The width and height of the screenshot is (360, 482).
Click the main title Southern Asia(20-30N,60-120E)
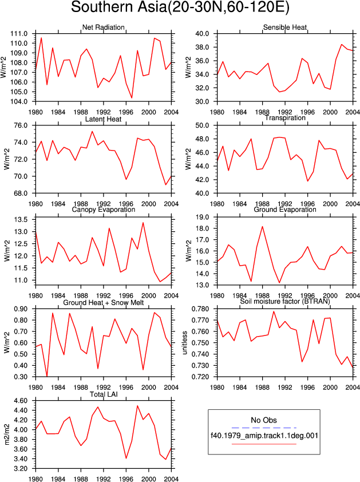180,7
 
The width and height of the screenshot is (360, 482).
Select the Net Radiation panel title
103,27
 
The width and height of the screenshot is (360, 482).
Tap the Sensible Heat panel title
285,27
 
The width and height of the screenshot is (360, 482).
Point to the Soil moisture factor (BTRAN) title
285,301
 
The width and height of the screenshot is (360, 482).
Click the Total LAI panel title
104,394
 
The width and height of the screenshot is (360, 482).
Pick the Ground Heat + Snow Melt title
104,303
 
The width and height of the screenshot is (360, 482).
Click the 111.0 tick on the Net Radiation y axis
19,34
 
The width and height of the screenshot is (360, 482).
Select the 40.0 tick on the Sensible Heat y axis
202,34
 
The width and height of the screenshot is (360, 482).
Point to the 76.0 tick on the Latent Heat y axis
21,125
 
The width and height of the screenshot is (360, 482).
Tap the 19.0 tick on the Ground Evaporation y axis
202,218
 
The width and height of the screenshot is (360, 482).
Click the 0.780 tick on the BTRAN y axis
200,309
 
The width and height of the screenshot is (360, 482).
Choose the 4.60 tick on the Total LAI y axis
21,401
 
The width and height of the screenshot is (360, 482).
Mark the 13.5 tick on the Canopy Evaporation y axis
21,219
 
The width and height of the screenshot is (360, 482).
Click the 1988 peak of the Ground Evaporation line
262,227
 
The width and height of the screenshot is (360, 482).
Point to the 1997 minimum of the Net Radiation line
132,98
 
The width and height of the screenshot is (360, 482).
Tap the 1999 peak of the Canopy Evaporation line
143,223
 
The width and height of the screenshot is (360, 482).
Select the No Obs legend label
264,420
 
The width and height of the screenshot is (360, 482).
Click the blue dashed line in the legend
264,428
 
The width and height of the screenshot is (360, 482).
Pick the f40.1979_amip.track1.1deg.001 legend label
264,436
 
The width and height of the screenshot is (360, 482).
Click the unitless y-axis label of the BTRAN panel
185,343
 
